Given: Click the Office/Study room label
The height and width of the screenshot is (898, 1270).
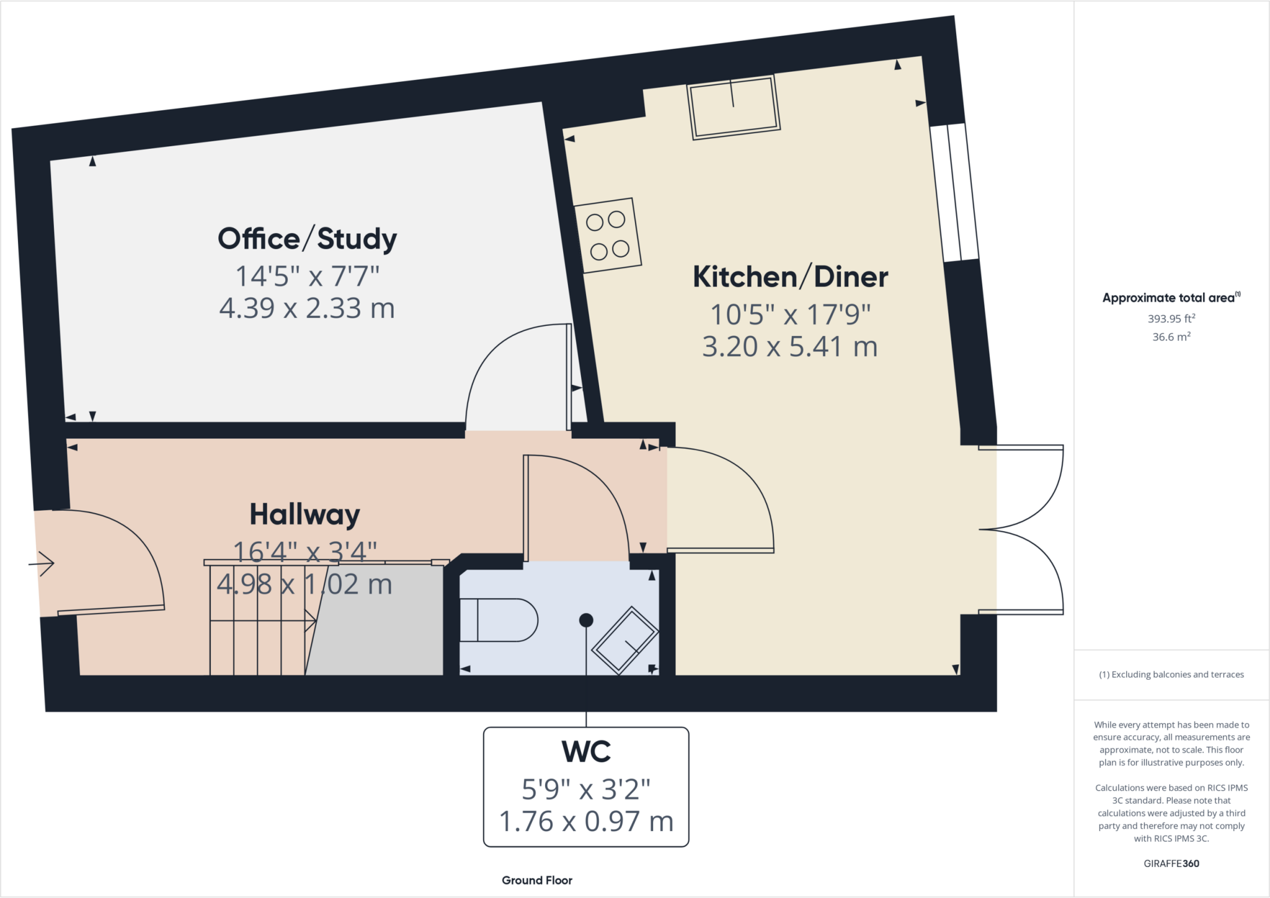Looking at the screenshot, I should (x=307, y=239).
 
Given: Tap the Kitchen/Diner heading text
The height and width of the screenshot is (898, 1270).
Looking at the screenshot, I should (x=790, y=277).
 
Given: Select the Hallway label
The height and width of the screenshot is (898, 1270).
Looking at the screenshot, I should (x=304, y=514).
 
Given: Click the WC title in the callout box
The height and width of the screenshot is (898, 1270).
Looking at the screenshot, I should (x=586, y=752).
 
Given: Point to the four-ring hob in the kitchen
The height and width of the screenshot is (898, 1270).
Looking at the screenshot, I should (x=608, y=235).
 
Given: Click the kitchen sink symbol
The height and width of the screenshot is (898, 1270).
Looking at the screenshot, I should (x=733, y=107).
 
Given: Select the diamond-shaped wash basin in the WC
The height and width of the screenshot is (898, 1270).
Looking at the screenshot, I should (x=624, y=640).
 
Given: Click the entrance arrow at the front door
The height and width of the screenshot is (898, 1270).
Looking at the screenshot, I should (x=42, y=564).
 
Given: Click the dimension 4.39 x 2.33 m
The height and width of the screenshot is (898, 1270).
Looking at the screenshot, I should (x=307, y=308).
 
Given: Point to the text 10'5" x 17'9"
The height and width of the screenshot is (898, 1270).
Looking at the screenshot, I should (x=790, y=315).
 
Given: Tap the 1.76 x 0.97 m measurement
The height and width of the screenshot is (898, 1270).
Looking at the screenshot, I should (x=586, y=822).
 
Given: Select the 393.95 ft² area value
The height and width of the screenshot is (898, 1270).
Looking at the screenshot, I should (x=1171, y=319).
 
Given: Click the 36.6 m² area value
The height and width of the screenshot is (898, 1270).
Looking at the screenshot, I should (x=1171, y=337).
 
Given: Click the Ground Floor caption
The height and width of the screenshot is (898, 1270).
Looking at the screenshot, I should (x=537, y=880).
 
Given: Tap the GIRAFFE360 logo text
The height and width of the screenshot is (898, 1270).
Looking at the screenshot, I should (x=1171, y=863).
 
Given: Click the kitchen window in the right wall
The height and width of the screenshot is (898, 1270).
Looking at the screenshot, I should (x=955, y=192).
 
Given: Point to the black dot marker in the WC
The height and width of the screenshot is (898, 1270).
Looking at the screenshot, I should (x=586, y=620).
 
